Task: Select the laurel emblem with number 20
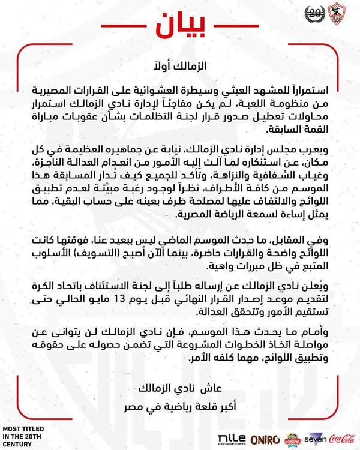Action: coord(314,17)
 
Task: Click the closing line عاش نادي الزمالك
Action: coord(181,382)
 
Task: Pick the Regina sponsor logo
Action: coord(290,439)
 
